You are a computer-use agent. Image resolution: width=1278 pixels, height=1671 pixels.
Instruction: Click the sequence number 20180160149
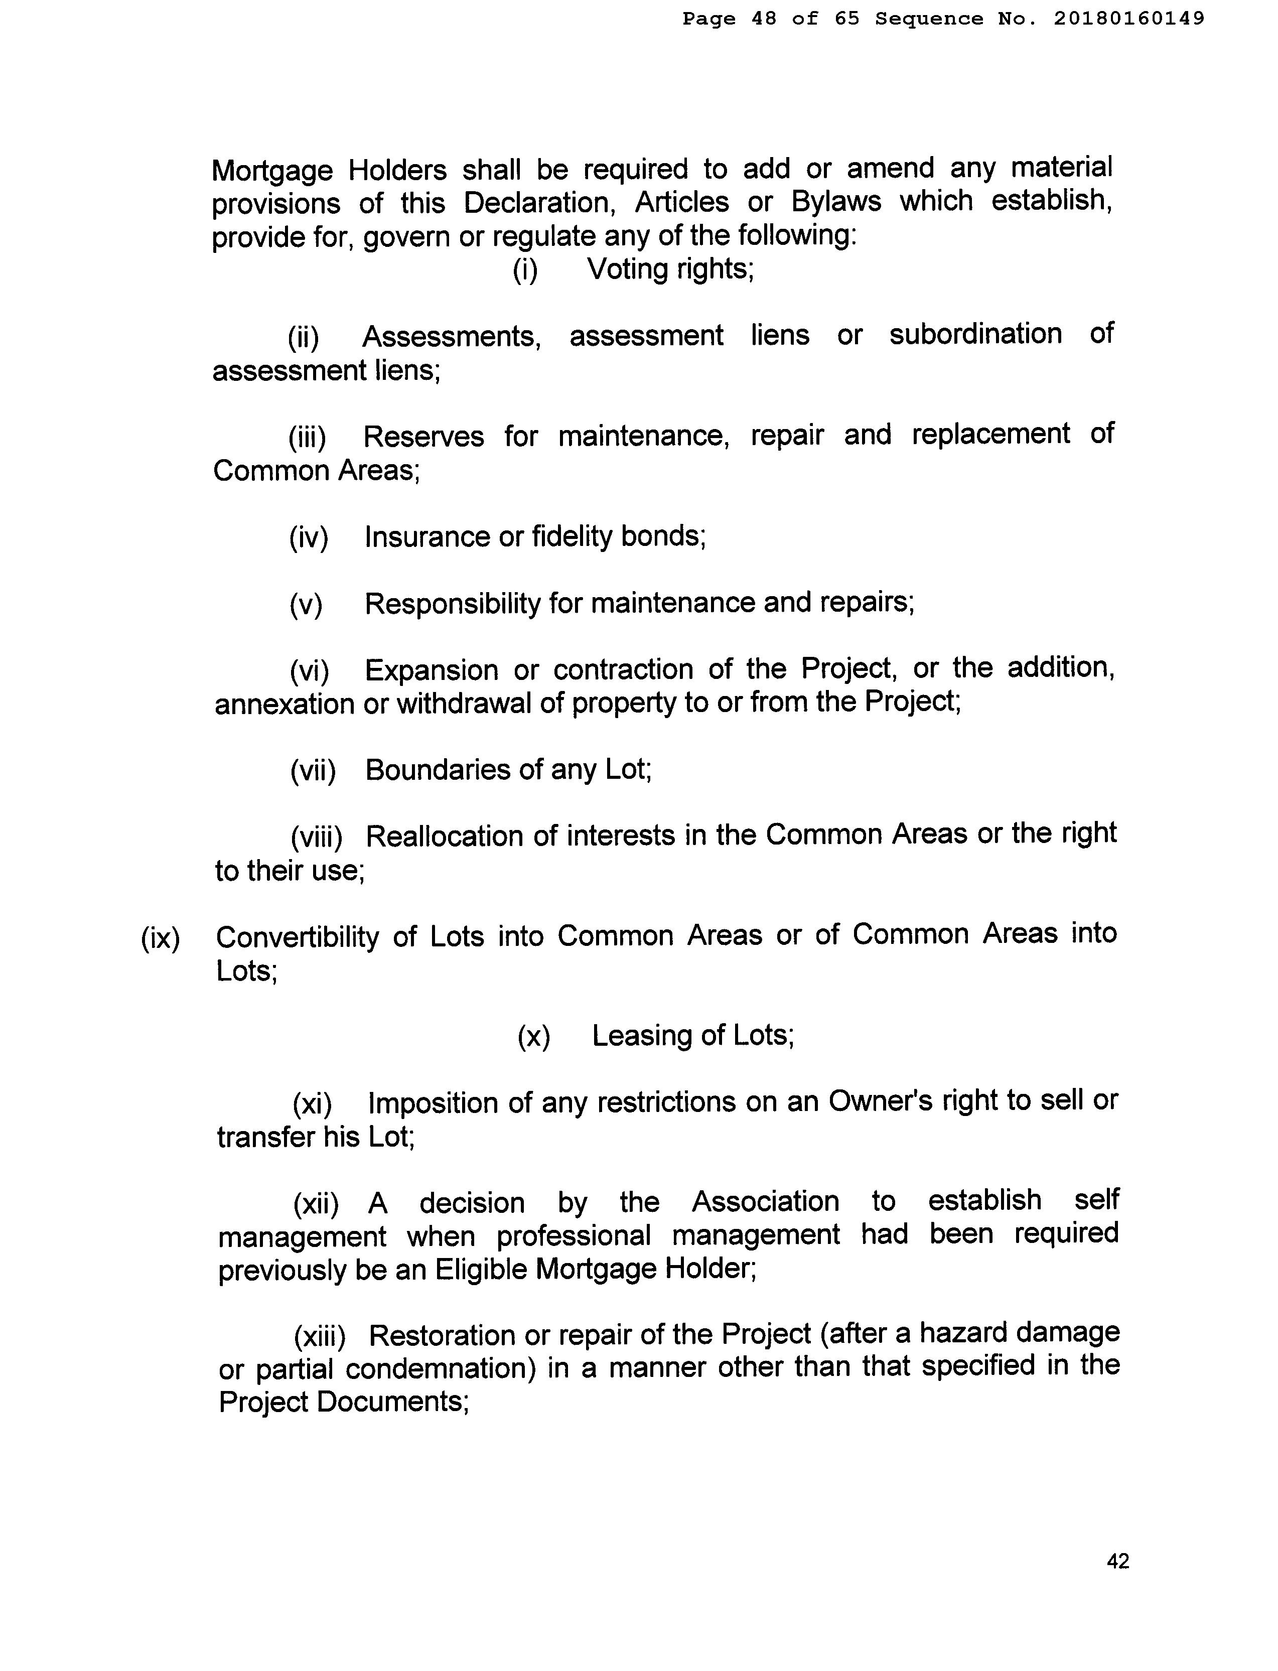pos(1129,18)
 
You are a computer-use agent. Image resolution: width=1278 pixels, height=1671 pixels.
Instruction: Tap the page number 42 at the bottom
pos(1117,1562)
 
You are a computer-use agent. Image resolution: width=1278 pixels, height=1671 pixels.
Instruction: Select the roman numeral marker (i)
pos(525,270)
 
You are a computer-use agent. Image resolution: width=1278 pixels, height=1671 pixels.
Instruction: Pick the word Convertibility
pos(297,936)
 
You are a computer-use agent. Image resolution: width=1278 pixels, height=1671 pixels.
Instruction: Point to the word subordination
pos(975,334)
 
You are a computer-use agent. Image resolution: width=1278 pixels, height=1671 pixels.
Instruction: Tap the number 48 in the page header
pos(764,18)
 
